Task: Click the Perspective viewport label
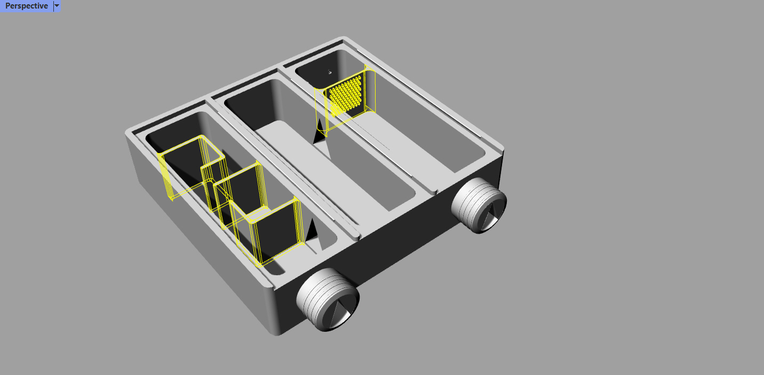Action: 26,6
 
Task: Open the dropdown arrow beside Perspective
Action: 57,6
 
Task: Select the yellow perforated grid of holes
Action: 346,95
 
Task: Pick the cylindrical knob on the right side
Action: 479,205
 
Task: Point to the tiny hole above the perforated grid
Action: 330,72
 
